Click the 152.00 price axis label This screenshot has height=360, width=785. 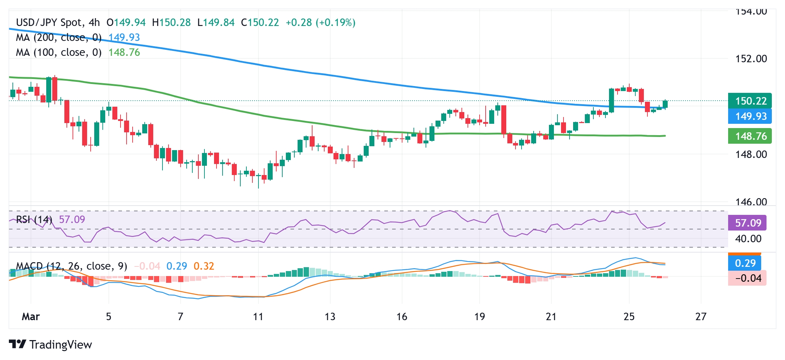751,59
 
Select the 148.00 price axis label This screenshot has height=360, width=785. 751,154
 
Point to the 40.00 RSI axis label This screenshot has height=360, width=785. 748,239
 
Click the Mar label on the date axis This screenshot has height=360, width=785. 31,317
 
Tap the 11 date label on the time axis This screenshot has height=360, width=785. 258,317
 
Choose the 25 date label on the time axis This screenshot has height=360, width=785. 629,317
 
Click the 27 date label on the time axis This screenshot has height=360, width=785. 701,317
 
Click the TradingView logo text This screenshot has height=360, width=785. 60,345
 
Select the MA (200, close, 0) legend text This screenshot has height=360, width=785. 59,37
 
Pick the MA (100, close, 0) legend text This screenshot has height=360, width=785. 59,53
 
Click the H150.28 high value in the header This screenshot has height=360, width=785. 171,23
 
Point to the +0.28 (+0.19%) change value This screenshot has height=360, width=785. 320,23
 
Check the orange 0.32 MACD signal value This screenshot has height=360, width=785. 204,266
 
